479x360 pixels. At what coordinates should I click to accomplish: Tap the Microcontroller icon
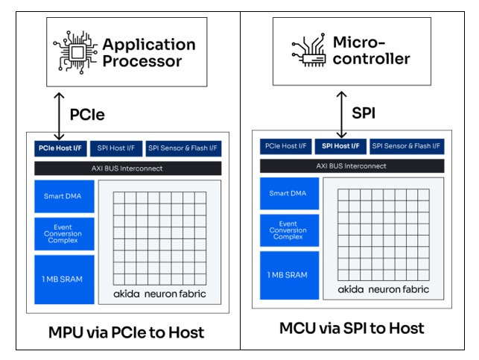point(308,50)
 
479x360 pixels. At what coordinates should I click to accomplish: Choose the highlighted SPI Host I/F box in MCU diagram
point(339,145)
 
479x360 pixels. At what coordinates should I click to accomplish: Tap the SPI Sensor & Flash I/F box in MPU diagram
point(183,148)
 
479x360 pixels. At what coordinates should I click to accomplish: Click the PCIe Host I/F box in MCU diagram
point(285,145)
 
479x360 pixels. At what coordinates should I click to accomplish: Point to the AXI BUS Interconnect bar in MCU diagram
point(351,165)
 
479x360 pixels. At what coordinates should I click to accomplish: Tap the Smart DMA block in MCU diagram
point(287,193)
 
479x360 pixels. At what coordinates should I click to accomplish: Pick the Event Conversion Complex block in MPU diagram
point(63,234)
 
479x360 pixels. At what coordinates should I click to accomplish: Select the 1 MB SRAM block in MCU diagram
point(287,275)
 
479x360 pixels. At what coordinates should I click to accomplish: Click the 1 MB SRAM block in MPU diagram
point(63,279)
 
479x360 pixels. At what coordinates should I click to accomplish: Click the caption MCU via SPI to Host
point(351,328)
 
